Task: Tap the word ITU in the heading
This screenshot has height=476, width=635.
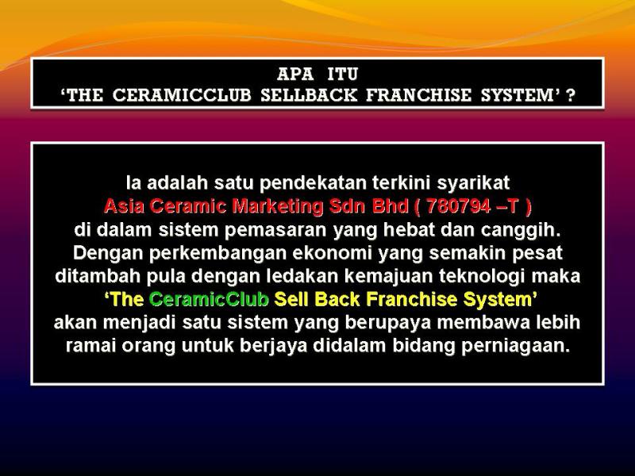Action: pyautogui.click(x=343, y=75)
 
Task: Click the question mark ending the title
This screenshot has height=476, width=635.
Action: pyautogui.click(x=570, y=96)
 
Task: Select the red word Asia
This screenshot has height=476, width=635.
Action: pyautogui.click(x=124, y=206)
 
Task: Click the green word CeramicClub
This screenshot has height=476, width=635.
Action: pyautogui.click(x=209, y=300)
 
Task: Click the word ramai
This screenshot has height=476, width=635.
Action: pyautogui.click(x=90, y=347)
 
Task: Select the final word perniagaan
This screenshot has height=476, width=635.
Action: pyautogui.click(x=518, y=347)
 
